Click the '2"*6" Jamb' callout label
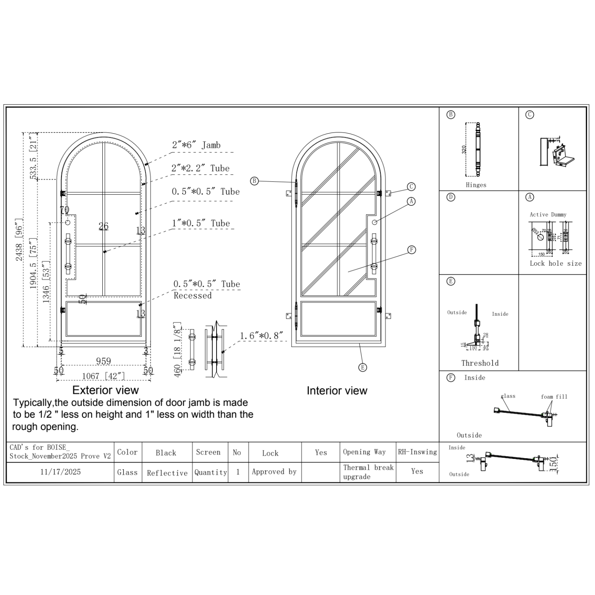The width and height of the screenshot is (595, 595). click(196, 145)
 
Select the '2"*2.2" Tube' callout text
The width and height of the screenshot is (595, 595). click(200, 168)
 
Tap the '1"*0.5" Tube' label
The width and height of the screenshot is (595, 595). click(200, 223)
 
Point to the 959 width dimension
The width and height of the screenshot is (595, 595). click(104, 361)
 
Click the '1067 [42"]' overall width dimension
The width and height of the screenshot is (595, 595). click(104, 376)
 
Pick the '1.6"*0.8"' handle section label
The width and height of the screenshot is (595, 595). click(261, 336)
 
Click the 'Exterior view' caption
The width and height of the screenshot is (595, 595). click(106, 390)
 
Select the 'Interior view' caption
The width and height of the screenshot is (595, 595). click(337, 391)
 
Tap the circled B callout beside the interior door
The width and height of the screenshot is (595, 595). click(254, 181)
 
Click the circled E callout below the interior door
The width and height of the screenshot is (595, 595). click(363, 367)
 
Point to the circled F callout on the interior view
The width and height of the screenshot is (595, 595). click(412, 250)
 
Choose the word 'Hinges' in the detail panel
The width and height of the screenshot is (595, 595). click(476, 185)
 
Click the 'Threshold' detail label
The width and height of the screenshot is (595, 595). click(480, 363)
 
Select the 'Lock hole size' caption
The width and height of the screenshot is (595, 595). click(556, 263)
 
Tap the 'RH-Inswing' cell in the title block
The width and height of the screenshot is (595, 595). click(417, 452)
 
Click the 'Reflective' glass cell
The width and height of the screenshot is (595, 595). click(167, 473)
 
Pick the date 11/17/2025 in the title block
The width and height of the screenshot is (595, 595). click(60, 472)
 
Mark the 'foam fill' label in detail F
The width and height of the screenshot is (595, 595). click(554, 397)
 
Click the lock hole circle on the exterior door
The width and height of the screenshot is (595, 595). click(68, 223)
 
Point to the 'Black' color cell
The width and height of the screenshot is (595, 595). click(166, 453)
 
